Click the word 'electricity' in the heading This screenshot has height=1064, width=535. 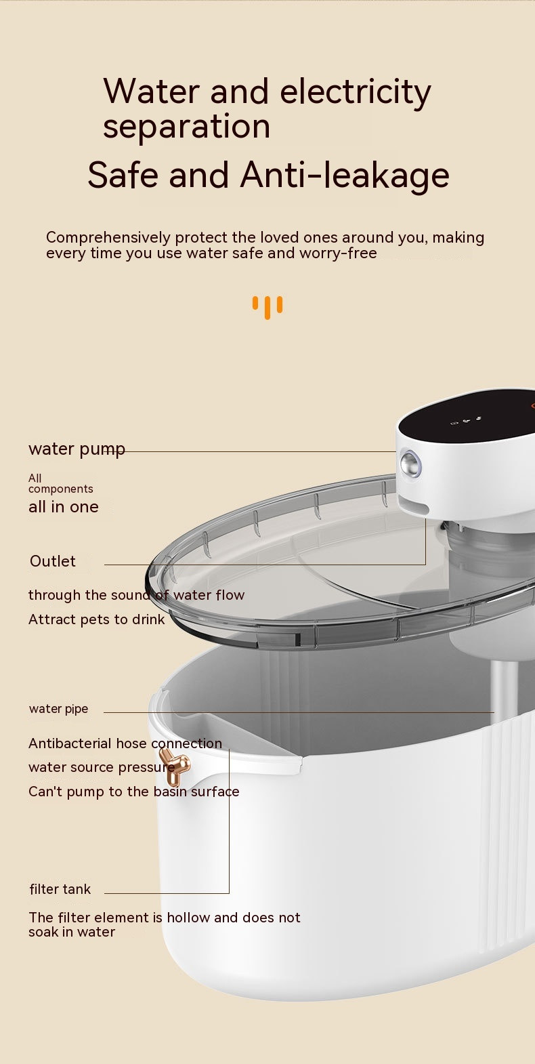click(356, 91)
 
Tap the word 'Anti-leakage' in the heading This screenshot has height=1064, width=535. click(345, 175)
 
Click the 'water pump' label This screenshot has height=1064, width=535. click(77, 449)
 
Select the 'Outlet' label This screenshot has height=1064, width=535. click(53, 561)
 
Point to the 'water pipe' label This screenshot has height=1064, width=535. click(59, 709)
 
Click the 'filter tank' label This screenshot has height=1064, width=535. click(60, 889)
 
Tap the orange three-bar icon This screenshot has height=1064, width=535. click(267, 307)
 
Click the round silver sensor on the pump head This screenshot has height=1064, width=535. click(410, 463)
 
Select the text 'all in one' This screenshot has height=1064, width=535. click(64, 507)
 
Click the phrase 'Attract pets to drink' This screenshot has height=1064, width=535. click(96, 619)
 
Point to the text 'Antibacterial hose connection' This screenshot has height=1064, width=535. click(125, 743)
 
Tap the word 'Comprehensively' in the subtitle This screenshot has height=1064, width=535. click(108, 237)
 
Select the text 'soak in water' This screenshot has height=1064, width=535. click(72, 932)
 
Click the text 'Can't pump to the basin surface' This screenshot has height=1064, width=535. click(134, 792)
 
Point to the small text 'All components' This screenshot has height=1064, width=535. click(61, 484)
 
